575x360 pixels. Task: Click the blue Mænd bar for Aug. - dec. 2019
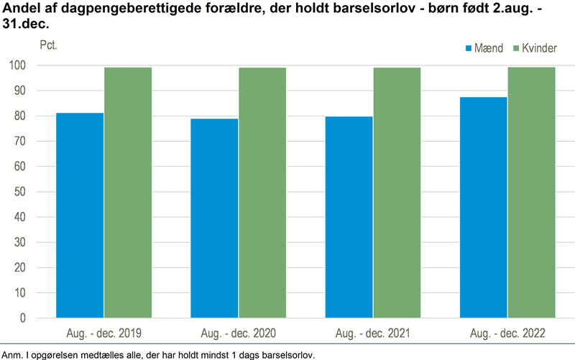pos(80,216)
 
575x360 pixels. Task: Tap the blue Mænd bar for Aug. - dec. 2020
pos(214,218)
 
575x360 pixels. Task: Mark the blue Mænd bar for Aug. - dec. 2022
pos(484,208)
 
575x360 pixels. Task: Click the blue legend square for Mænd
pos(469,48)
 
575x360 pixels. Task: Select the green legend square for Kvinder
pos(515,48)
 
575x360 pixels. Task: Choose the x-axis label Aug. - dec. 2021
pos(373,334)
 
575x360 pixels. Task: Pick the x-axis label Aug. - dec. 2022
pos(507,334)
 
